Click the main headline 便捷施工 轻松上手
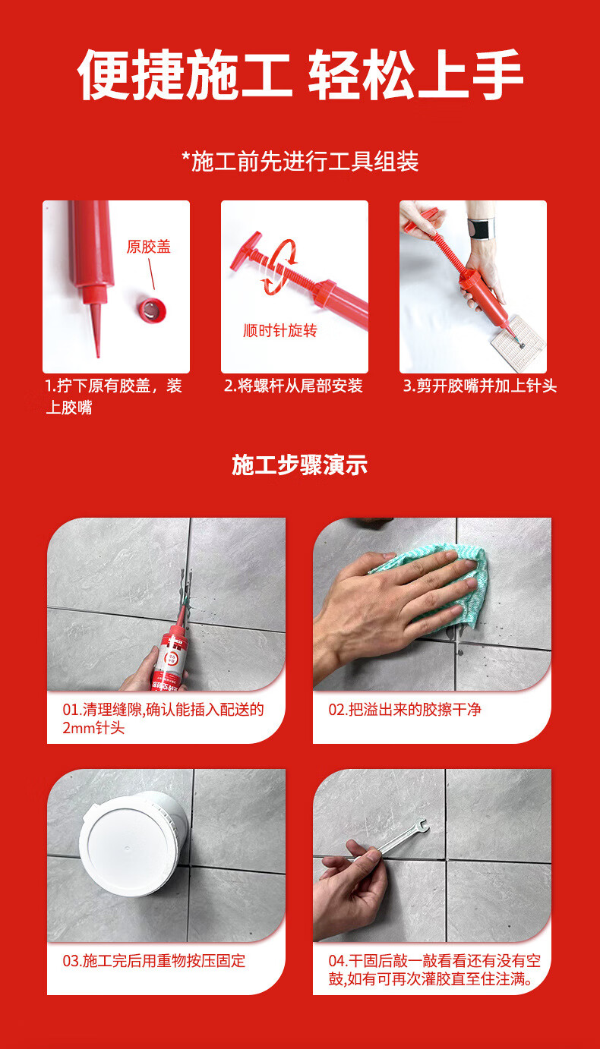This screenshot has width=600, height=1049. [300, 75]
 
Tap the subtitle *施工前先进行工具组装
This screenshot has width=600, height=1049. [300, 162]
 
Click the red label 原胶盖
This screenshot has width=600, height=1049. [149, 247]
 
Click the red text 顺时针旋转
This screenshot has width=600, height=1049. [280, 331]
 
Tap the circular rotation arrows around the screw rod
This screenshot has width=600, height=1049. [279, 266]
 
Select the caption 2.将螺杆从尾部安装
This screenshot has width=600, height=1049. [293, 386]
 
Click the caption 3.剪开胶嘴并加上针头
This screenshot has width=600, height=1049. [479, 386]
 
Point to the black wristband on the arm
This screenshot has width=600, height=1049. [481, 228]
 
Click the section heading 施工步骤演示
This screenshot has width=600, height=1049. [300, 465]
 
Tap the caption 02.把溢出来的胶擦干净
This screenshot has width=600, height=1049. [405, 710]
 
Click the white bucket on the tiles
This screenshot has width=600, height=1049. [134, 843]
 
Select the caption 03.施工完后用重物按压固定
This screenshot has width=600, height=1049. [154, 960]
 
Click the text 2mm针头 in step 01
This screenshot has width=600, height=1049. [93, 728]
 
